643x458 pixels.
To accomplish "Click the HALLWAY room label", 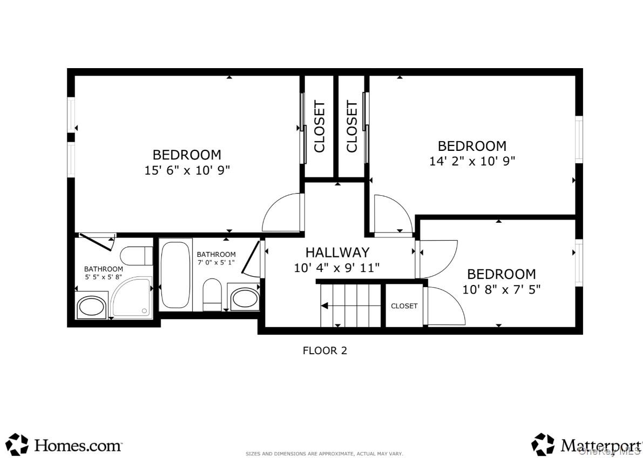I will point(337,253).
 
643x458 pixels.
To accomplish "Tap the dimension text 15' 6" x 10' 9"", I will point(187,170).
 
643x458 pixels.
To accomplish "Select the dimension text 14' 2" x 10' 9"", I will point(472,161).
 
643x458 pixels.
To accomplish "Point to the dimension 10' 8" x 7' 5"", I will point(501,289).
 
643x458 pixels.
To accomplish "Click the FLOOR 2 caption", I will point(324,350).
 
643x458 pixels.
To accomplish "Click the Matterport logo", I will point(586,444).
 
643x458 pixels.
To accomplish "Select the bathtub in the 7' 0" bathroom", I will point(175,275).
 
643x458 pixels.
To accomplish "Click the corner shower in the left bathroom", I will point(131,297).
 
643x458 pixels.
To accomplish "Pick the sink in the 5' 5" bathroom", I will point(92,307).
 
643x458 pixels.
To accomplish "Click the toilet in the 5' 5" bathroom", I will point(137,255).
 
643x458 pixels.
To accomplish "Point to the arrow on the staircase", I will point(326,306).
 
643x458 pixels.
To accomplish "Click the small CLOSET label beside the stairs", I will point(404,306).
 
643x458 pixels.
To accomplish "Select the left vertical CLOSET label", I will point(320,127).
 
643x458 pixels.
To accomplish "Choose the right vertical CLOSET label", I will point(351,127).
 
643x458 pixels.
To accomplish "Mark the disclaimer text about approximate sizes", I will point(324,454).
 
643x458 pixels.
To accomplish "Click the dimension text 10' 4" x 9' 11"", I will point(337,267).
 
